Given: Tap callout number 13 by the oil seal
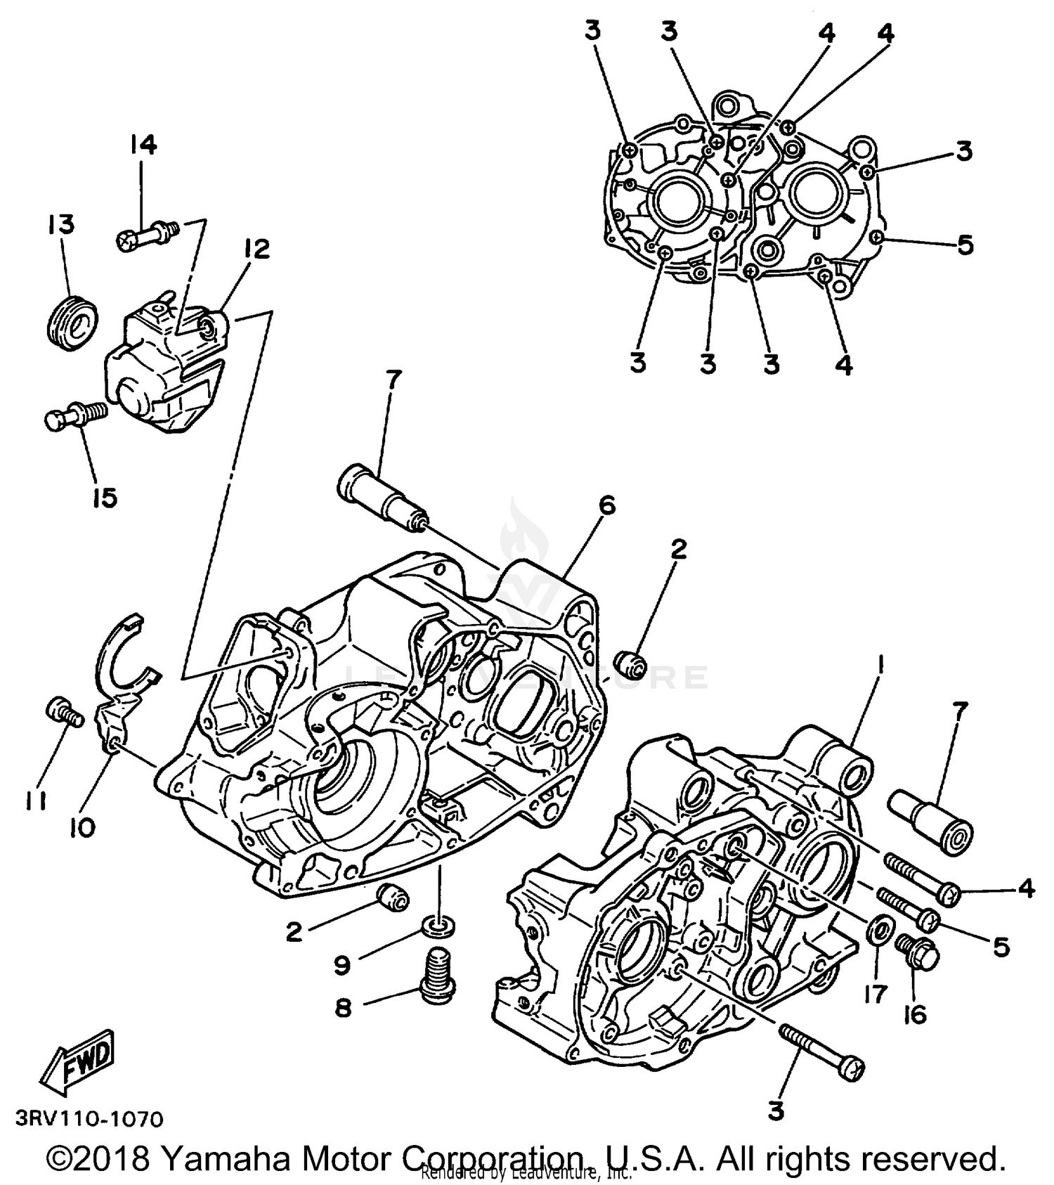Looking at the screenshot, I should point(61,226).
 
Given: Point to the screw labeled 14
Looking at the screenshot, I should point(145,235).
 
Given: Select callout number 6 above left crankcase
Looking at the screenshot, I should point(606,505).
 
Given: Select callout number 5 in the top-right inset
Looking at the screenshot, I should point(965,245).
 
